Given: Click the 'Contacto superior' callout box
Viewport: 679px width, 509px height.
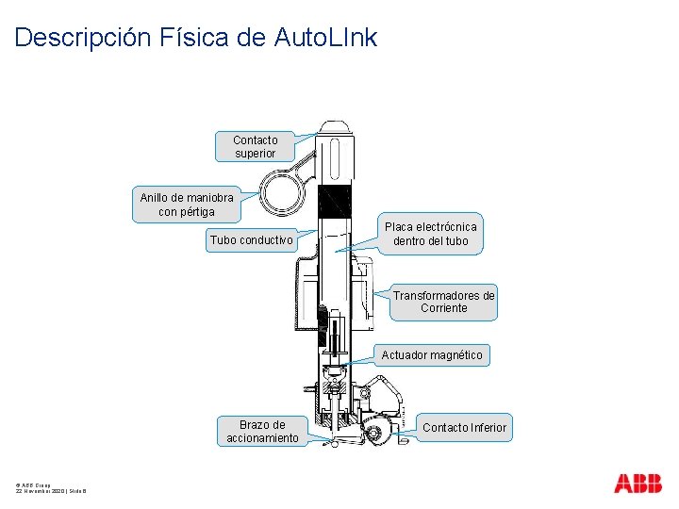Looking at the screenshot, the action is click(255, 146).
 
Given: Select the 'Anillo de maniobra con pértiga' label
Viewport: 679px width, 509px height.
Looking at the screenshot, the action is click(187, 205).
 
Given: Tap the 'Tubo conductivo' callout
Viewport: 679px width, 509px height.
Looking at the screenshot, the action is click(251, 239).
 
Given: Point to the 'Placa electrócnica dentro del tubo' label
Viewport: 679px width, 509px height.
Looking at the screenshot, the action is click(430, 234).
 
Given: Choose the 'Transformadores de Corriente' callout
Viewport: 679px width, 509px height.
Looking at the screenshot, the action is click(443, 302).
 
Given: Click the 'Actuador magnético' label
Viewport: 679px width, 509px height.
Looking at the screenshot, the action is click(432, 355).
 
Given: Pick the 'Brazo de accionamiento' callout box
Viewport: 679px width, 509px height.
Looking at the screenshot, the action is click(262, 431).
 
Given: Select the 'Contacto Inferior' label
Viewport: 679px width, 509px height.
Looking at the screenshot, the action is click(464, 428).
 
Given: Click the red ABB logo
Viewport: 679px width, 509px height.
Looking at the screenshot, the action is click(638, 484).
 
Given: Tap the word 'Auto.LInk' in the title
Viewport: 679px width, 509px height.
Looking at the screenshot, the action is click(325, 38).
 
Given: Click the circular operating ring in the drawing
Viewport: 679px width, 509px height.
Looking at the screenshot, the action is click(281, 194).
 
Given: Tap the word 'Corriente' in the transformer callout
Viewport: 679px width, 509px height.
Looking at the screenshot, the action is click(443, 308).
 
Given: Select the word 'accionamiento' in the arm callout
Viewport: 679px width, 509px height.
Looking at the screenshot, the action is click(262, 437).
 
